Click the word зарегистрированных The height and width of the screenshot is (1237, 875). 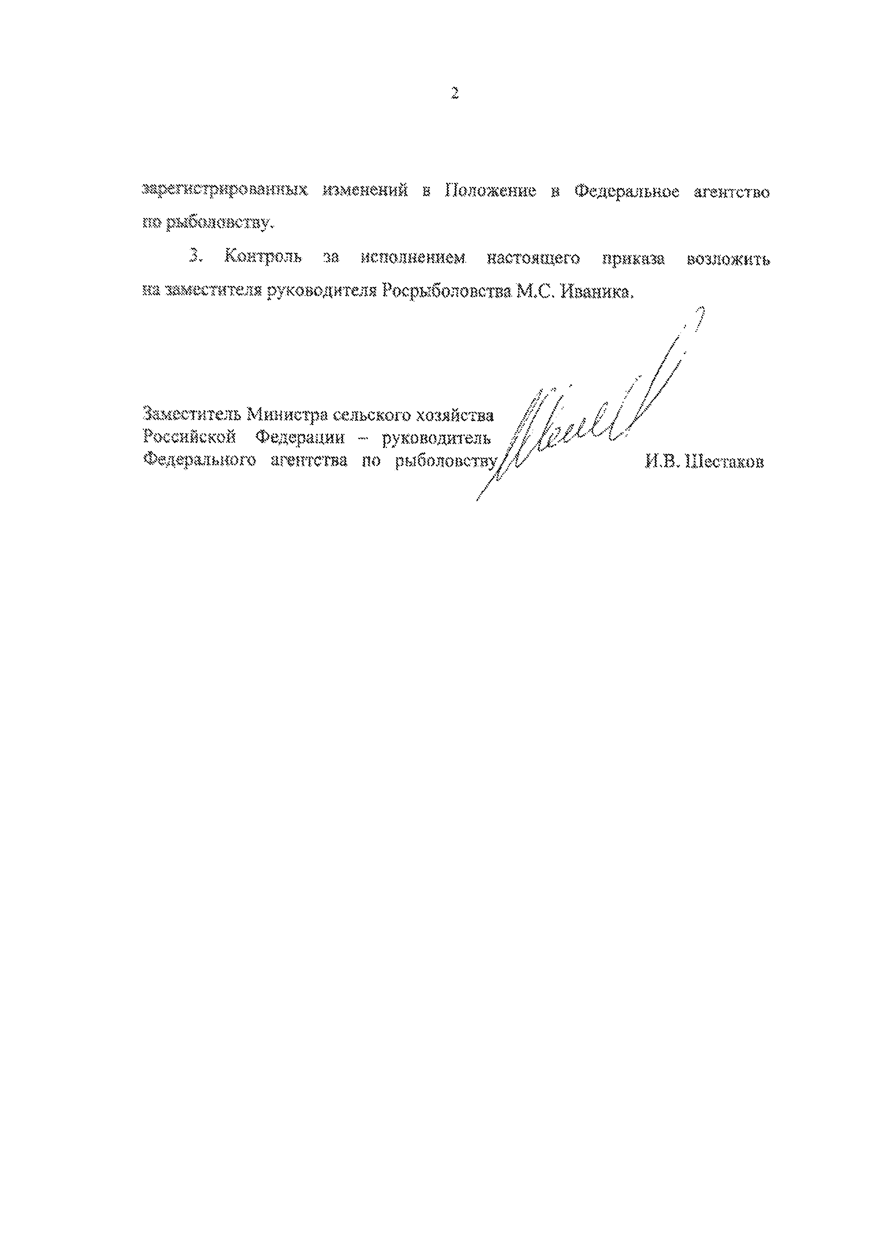(x=224, y=192)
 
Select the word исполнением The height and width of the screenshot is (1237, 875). (x=413, y=259)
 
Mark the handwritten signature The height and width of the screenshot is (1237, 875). (x=587, y=415)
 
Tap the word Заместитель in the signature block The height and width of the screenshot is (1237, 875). (x=191, y=415)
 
